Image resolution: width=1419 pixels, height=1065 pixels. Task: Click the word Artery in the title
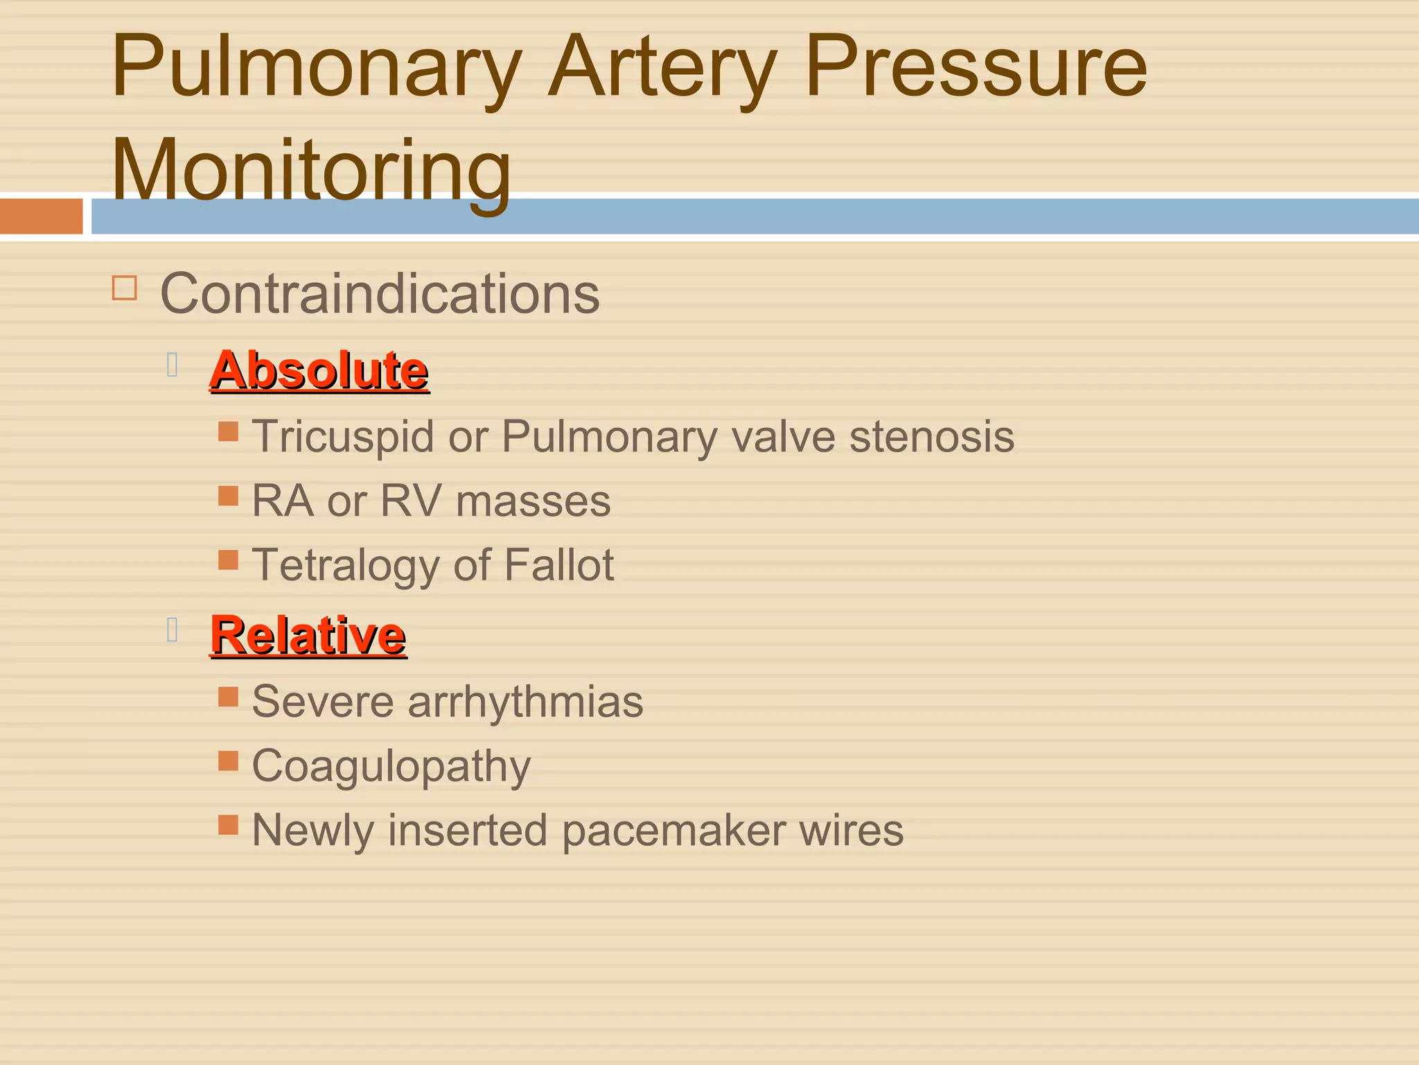[662, 69]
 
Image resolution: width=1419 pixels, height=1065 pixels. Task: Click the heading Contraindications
[380, 294]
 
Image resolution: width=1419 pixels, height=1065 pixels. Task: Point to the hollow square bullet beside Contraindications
[125, 288]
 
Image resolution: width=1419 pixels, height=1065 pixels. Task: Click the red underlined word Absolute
[319, 370]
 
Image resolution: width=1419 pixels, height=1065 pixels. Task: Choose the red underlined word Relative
[308, 635]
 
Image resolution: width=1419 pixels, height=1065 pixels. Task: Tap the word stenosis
[931, 437]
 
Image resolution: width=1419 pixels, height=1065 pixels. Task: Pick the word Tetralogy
[346, 566]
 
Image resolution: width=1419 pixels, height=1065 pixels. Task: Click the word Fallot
[558, 564]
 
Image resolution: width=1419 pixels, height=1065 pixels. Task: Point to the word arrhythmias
[525, 702]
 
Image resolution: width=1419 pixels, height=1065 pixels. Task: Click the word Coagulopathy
[391, 767]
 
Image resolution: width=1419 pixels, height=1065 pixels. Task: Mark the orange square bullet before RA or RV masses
[228, 496]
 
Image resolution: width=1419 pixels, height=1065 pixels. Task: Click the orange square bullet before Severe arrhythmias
[228, 697]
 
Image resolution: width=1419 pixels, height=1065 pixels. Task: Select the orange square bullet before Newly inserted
[228, 824]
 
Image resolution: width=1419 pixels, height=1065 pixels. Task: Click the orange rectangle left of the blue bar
[41, 216]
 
